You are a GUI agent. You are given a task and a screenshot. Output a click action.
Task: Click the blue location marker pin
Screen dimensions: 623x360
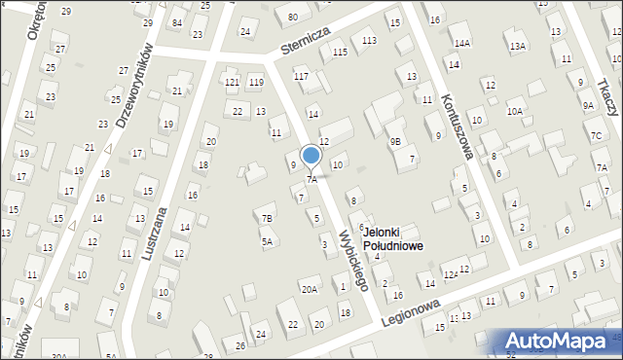tap(311, 156)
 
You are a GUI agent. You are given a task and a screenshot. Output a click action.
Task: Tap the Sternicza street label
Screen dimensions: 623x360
tap(303, 44)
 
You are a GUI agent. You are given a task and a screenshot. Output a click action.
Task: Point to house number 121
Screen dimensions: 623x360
tap(232, 82)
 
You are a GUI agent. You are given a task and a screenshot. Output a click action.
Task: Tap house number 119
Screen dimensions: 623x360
tap(255, 82)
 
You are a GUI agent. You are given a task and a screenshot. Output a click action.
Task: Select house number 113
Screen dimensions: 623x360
tap(369, 40)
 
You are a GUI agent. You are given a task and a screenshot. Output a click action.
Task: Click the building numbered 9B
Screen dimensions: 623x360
tap(395, 141)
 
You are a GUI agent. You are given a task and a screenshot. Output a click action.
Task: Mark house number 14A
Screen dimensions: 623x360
tap(461, 44)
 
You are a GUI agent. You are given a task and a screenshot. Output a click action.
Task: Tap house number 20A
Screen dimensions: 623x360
tap(310, 289)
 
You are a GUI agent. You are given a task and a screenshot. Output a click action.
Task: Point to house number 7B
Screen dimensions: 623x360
tap(267, 218)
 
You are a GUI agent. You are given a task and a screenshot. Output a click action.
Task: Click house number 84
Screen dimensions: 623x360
tap(176, 22)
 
